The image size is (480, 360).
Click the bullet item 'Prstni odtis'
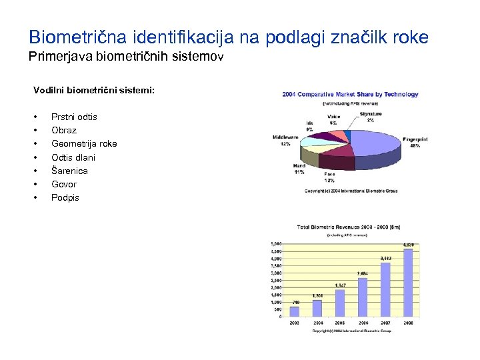click(74, 117)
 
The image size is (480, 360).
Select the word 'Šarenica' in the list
click(69, 171)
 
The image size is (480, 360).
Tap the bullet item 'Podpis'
click(65, 197)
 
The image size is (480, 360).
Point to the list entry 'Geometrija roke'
click(84, 143)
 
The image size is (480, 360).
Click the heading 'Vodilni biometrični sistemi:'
click(94, 89)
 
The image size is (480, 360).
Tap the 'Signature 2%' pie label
click(371, 117)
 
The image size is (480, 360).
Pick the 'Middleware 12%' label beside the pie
click(285, 140)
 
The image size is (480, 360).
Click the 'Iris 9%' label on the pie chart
click(309, 126)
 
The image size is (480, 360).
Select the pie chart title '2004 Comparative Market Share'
click(350, 94)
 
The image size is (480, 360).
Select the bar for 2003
click(294, 311)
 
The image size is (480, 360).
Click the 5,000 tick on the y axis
click(276, 244)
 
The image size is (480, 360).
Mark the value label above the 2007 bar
click(385, 258)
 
